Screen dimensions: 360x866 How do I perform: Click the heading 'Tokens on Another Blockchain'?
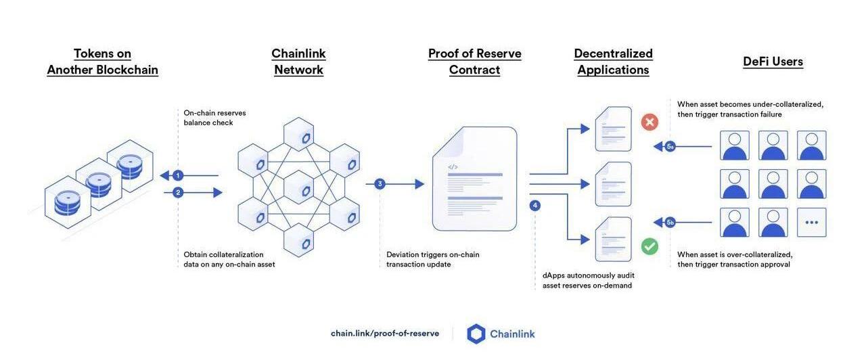coord(102,62)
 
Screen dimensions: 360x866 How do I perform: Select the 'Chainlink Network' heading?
coord(298,62)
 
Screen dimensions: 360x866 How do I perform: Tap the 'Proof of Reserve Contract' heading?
coord(474,62)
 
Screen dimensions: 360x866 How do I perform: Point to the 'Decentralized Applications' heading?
coord(613,62)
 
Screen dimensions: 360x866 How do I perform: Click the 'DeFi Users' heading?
coord(773,62)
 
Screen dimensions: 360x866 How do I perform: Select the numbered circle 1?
coord(178,176)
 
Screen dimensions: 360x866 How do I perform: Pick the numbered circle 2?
coord(178,193)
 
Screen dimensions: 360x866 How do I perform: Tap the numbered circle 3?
coord(380,184)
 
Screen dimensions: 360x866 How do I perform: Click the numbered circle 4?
coord(535,205)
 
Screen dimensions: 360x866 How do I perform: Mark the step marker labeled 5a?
coord(670,146)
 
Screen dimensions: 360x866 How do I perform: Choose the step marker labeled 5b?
coord(670,222)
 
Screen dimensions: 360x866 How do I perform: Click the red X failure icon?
coord(649,122)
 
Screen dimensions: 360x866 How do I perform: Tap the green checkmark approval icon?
coord(649,246)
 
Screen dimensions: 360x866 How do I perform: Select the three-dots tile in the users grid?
coord(811,222)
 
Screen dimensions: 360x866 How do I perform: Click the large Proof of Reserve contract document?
coord(474,179)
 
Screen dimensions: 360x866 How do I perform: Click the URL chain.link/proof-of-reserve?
coord(384,334)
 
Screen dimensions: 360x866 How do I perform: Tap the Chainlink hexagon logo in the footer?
coord(476,334)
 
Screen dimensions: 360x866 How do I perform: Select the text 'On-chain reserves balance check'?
coord(214,118)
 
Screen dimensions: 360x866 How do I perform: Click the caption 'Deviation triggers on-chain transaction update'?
coord(432,259)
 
